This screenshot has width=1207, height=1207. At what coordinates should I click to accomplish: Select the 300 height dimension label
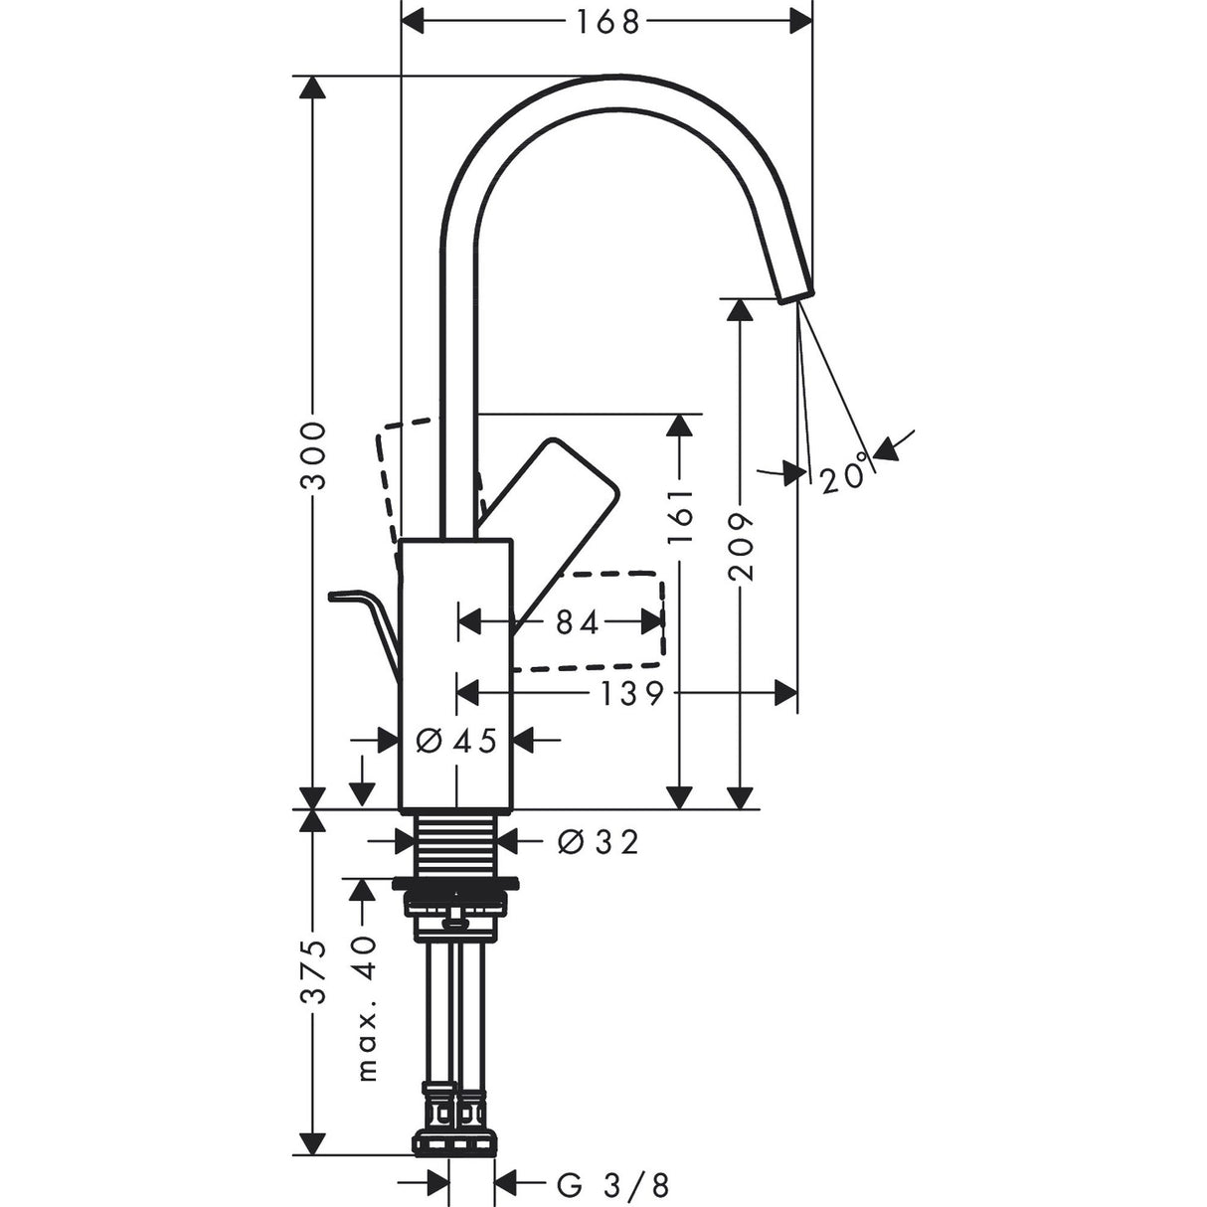click(314, 455)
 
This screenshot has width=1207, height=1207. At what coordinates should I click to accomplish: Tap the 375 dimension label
click(314, 973)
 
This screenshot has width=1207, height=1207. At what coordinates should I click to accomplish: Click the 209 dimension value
click(741, 546)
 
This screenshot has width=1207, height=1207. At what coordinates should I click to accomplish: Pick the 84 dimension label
click(578, 622)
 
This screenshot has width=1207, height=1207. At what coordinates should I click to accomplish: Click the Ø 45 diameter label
click(456, 740)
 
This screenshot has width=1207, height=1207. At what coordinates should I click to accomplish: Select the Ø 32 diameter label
click(597, 842)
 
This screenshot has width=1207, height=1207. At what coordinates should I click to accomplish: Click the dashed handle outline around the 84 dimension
click(597, 618)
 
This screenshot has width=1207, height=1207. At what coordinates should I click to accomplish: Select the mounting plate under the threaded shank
click(454, 883)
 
